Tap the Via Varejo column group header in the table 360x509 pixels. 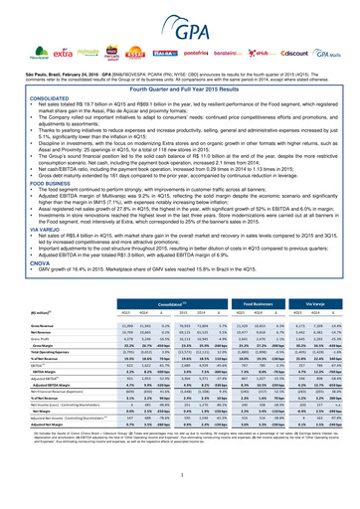[327, 296]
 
